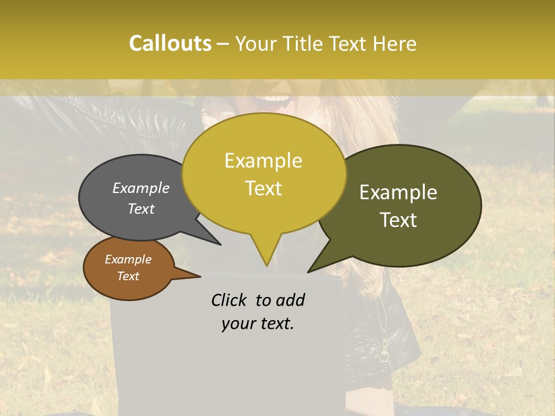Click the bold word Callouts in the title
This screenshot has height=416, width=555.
[170, 43]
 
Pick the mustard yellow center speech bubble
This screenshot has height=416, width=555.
[264, 173]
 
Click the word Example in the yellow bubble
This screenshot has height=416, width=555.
[263, 161]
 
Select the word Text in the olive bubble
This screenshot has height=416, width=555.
[398, 220]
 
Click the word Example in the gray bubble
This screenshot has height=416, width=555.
[140, 188]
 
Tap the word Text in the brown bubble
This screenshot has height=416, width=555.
[128, 276]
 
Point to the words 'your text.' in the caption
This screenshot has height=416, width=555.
[257, 324]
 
